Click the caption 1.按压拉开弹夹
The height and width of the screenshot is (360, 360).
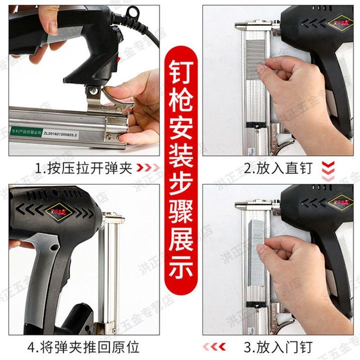tap(85, 168)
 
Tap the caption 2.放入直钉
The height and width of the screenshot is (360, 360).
tap(278, 168)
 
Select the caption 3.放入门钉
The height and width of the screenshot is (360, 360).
tap(278, 346)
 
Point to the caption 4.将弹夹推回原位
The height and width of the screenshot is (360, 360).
tap(85, 346)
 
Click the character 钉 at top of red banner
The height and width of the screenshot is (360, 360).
tap(180, 72)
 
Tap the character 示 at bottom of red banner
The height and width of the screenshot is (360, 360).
tap(180, 269)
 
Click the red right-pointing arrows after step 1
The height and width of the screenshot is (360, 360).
tap(148, 168)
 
